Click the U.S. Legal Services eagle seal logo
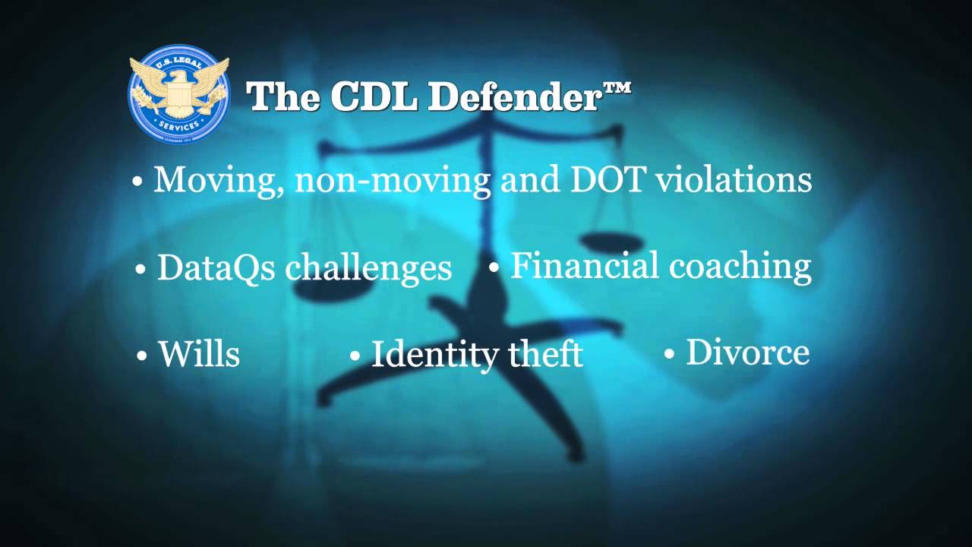pyautogui.click(x=178, y=93)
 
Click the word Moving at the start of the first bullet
pyautogui.click(x=217, y=180)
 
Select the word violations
pyautogui.click(x=734, y=179)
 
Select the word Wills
pyautogui.click(x=198, y=353)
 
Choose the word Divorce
pyautogui.click(x=747, y=352)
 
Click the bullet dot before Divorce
pyautogui.click(x=669, y=353)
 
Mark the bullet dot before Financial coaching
pyautogui.click(x=494, y=267)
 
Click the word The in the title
pyautogui.click(x=279, y=96)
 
